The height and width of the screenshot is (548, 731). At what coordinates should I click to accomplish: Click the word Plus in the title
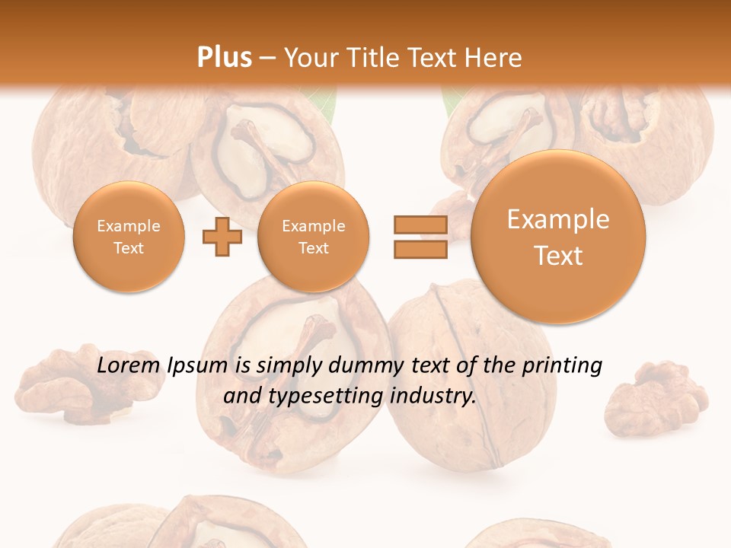point(224,57)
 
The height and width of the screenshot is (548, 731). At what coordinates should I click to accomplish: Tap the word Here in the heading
point(494,57)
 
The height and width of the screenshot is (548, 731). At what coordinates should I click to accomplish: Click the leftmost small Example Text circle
point(129,237)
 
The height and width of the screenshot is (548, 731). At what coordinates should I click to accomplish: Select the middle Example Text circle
point(313,237)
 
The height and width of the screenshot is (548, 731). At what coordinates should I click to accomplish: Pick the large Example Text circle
point(558,237)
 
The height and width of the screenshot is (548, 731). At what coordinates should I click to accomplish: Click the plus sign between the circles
point(222,237)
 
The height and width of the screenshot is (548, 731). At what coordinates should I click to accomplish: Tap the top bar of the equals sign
point(420,225)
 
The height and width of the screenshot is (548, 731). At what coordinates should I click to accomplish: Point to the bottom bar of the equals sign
point(420,249)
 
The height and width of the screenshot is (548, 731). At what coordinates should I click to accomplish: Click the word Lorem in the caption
point(129,366)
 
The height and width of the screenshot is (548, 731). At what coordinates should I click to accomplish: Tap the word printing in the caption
point(561,366)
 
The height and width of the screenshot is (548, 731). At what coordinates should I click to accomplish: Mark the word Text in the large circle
point(558,256)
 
